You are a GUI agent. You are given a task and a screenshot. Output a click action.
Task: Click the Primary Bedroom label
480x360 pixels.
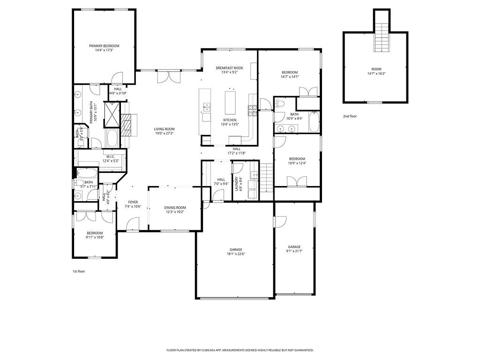[x=104, y=46]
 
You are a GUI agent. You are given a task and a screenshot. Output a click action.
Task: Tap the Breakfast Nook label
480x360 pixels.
[x=229, y=68]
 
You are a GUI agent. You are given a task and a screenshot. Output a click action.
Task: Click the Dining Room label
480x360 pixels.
[x=175, y=207]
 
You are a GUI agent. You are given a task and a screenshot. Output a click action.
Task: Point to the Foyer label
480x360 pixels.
[x=133, y=202]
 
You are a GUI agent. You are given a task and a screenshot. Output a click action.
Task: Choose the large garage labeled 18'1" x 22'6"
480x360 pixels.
[x=237, y=252]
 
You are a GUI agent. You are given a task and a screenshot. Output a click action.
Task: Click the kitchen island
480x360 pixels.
[x=230, y=103]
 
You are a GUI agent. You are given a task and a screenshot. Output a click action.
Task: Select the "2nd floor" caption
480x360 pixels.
[x=350, y=116]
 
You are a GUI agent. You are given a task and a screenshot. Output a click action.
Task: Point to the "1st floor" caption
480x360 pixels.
[x=78, y=271]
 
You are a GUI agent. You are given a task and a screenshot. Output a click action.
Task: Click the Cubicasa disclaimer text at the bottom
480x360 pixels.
[x=240, y=350]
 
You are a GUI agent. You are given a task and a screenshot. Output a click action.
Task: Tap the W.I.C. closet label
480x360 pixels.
[x=111, y=157]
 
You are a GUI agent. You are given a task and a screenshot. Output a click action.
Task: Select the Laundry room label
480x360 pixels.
[x=241, y=183]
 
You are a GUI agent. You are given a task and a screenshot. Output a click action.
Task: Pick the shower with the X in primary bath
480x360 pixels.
[x=112, y=114]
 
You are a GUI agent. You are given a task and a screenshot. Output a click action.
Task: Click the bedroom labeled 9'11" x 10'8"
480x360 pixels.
[x=94, y=235]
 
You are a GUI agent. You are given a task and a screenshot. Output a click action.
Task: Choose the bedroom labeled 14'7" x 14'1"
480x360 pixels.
[x=289, y=74]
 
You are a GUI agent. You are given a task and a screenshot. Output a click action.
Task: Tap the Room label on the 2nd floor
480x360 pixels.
[x=376, y=68]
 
